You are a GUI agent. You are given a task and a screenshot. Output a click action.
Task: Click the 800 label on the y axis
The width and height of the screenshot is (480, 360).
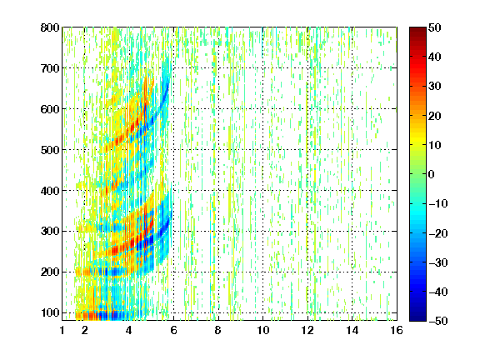click(x=50, y=27)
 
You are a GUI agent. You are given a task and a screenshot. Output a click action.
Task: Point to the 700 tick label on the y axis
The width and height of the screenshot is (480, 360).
click(x=50, y=68)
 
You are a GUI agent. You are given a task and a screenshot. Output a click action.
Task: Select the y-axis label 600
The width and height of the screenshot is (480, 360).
click(x=50, y=109)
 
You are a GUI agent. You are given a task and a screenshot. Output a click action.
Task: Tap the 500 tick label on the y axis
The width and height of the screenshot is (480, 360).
click(x=50, y=150)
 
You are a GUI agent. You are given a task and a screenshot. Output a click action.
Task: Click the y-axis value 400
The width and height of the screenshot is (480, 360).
click(x=50, y=191)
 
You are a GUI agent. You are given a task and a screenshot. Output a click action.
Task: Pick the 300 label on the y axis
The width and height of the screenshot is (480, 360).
click(x=50, y=232)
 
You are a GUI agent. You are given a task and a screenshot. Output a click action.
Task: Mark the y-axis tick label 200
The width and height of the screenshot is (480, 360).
click(x=50, y=272)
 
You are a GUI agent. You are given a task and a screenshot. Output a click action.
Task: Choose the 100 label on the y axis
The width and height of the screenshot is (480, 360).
click(x=50, y=312)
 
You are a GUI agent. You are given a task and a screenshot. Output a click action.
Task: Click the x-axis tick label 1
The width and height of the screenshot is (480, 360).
click(x=62, y=330)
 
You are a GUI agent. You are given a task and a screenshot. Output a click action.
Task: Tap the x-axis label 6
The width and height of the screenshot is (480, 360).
click(x=173, y=330)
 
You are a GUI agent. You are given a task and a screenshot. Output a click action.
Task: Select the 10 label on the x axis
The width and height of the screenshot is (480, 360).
click(x=262, y=330)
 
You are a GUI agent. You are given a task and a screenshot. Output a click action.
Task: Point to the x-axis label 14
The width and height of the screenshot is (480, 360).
click(x=352, y=330)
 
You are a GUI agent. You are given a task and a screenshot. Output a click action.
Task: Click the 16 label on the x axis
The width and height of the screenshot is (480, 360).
click(x=397, y=330)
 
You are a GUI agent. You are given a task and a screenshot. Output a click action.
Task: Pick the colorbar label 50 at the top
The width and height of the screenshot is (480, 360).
click(x=434, y=27)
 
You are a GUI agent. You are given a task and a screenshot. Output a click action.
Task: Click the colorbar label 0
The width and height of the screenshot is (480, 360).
click(x=432, y=174)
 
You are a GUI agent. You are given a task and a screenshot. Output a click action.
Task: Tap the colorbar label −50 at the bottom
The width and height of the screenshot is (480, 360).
click(x=438, y=321)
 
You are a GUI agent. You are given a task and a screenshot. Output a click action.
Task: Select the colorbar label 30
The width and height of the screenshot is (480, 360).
click(x=434, y=87)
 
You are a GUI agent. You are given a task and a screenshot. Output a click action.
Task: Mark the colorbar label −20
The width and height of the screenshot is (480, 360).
click(x=438, y=233)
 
